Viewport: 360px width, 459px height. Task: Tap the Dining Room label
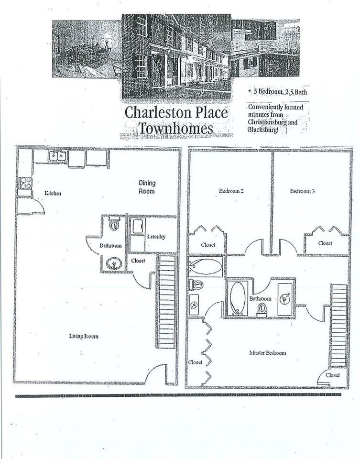point(147,187)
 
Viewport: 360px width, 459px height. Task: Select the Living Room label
point(84,336)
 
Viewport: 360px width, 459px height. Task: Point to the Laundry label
point(156,235)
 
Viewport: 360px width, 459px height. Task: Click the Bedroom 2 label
point(231,191)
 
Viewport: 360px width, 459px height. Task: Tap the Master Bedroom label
point(268,353)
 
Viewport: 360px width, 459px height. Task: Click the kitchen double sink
point(57,156)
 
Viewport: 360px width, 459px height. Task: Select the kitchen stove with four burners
point(25,183)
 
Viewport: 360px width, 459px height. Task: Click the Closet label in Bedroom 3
point(326,243)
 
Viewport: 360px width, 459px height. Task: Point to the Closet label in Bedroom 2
point(208,245)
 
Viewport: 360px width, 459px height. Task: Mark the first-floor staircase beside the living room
point(167,296)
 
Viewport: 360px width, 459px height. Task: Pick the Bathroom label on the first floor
point(110,246)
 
